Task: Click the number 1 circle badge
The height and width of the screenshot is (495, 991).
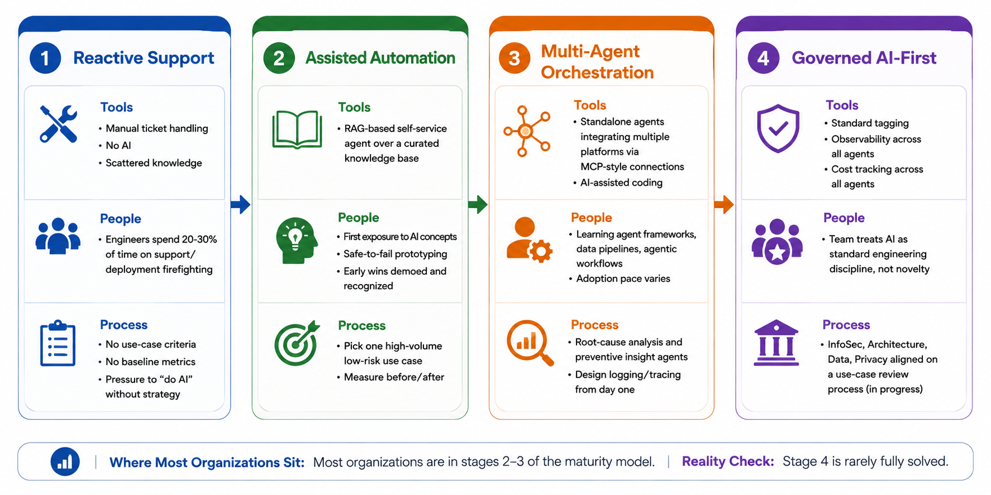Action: [x=45, y=58]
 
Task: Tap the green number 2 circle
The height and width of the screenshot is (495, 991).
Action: [x=279, y=58]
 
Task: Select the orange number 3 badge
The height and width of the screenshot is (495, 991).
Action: [x=514, y=58]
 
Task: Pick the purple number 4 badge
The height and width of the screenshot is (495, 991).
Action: [x=763, y=58]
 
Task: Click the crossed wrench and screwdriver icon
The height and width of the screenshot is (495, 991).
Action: [x=58, y=124]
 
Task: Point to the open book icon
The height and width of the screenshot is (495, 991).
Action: [x=297, y=129]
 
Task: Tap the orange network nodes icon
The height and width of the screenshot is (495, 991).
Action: [x=526, y=131]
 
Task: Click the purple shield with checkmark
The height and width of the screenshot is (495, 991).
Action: [x=778, y=128]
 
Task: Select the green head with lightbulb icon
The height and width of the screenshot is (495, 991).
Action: [x=297, y=241]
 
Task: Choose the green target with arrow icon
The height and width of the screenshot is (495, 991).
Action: [x=297, y=343]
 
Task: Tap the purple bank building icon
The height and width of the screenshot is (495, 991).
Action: [x=776, y=343]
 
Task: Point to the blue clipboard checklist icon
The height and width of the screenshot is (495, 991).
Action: [x=58, y=343]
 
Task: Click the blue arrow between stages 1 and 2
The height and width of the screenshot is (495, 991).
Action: [x=241, y=204]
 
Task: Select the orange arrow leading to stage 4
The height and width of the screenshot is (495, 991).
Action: [x=724, y=204]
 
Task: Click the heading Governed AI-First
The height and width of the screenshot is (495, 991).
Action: [x=864, y=58]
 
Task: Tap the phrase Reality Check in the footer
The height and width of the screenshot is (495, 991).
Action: [x=728, y=462]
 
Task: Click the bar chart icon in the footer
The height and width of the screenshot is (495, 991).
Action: [x=65, y=462]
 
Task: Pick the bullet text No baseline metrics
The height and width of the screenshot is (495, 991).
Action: [x=150, y=362]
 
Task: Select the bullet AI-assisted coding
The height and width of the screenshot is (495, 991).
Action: [x=621, y=182]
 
